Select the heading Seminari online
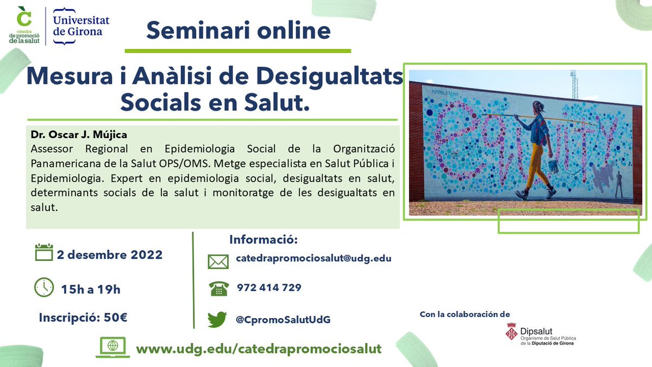(x=238, y=30)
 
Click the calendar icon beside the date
(x=43, y=253)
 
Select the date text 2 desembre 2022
(x=109, y=254)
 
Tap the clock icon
(x=44, y=287)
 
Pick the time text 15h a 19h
(x=91, y=289)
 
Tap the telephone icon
(x=218, y=289)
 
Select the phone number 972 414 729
(x=269, y=288)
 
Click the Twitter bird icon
(x=217, y=319)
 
